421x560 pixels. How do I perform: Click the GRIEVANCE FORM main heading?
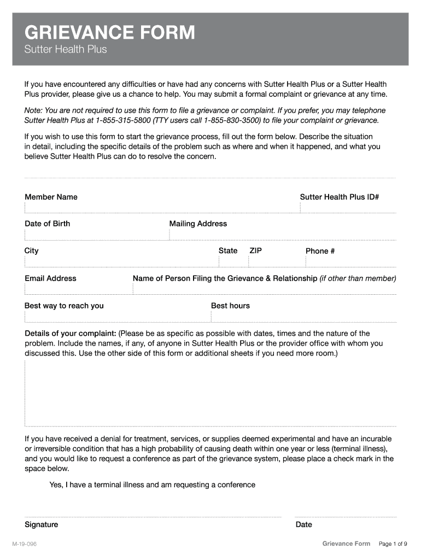109,33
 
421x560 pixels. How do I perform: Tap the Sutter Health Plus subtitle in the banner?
66,50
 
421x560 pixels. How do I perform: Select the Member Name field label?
51,197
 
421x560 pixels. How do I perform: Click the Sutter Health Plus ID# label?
340,197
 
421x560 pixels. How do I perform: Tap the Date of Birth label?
47,224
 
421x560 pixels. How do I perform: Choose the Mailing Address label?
198,224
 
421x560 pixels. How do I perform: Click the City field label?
32,250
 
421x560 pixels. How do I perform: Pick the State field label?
228,250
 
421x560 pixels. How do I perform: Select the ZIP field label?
256,250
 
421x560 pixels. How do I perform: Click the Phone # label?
320,251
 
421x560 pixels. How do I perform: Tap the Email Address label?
50,278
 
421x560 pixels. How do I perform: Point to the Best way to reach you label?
64,306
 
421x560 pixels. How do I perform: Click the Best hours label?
230,306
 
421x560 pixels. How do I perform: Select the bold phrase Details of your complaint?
70,333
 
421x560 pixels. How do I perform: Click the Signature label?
41,524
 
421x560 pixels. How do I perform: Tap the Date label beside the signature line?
304,524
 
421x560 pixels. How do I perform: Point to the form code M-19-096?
25,544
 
